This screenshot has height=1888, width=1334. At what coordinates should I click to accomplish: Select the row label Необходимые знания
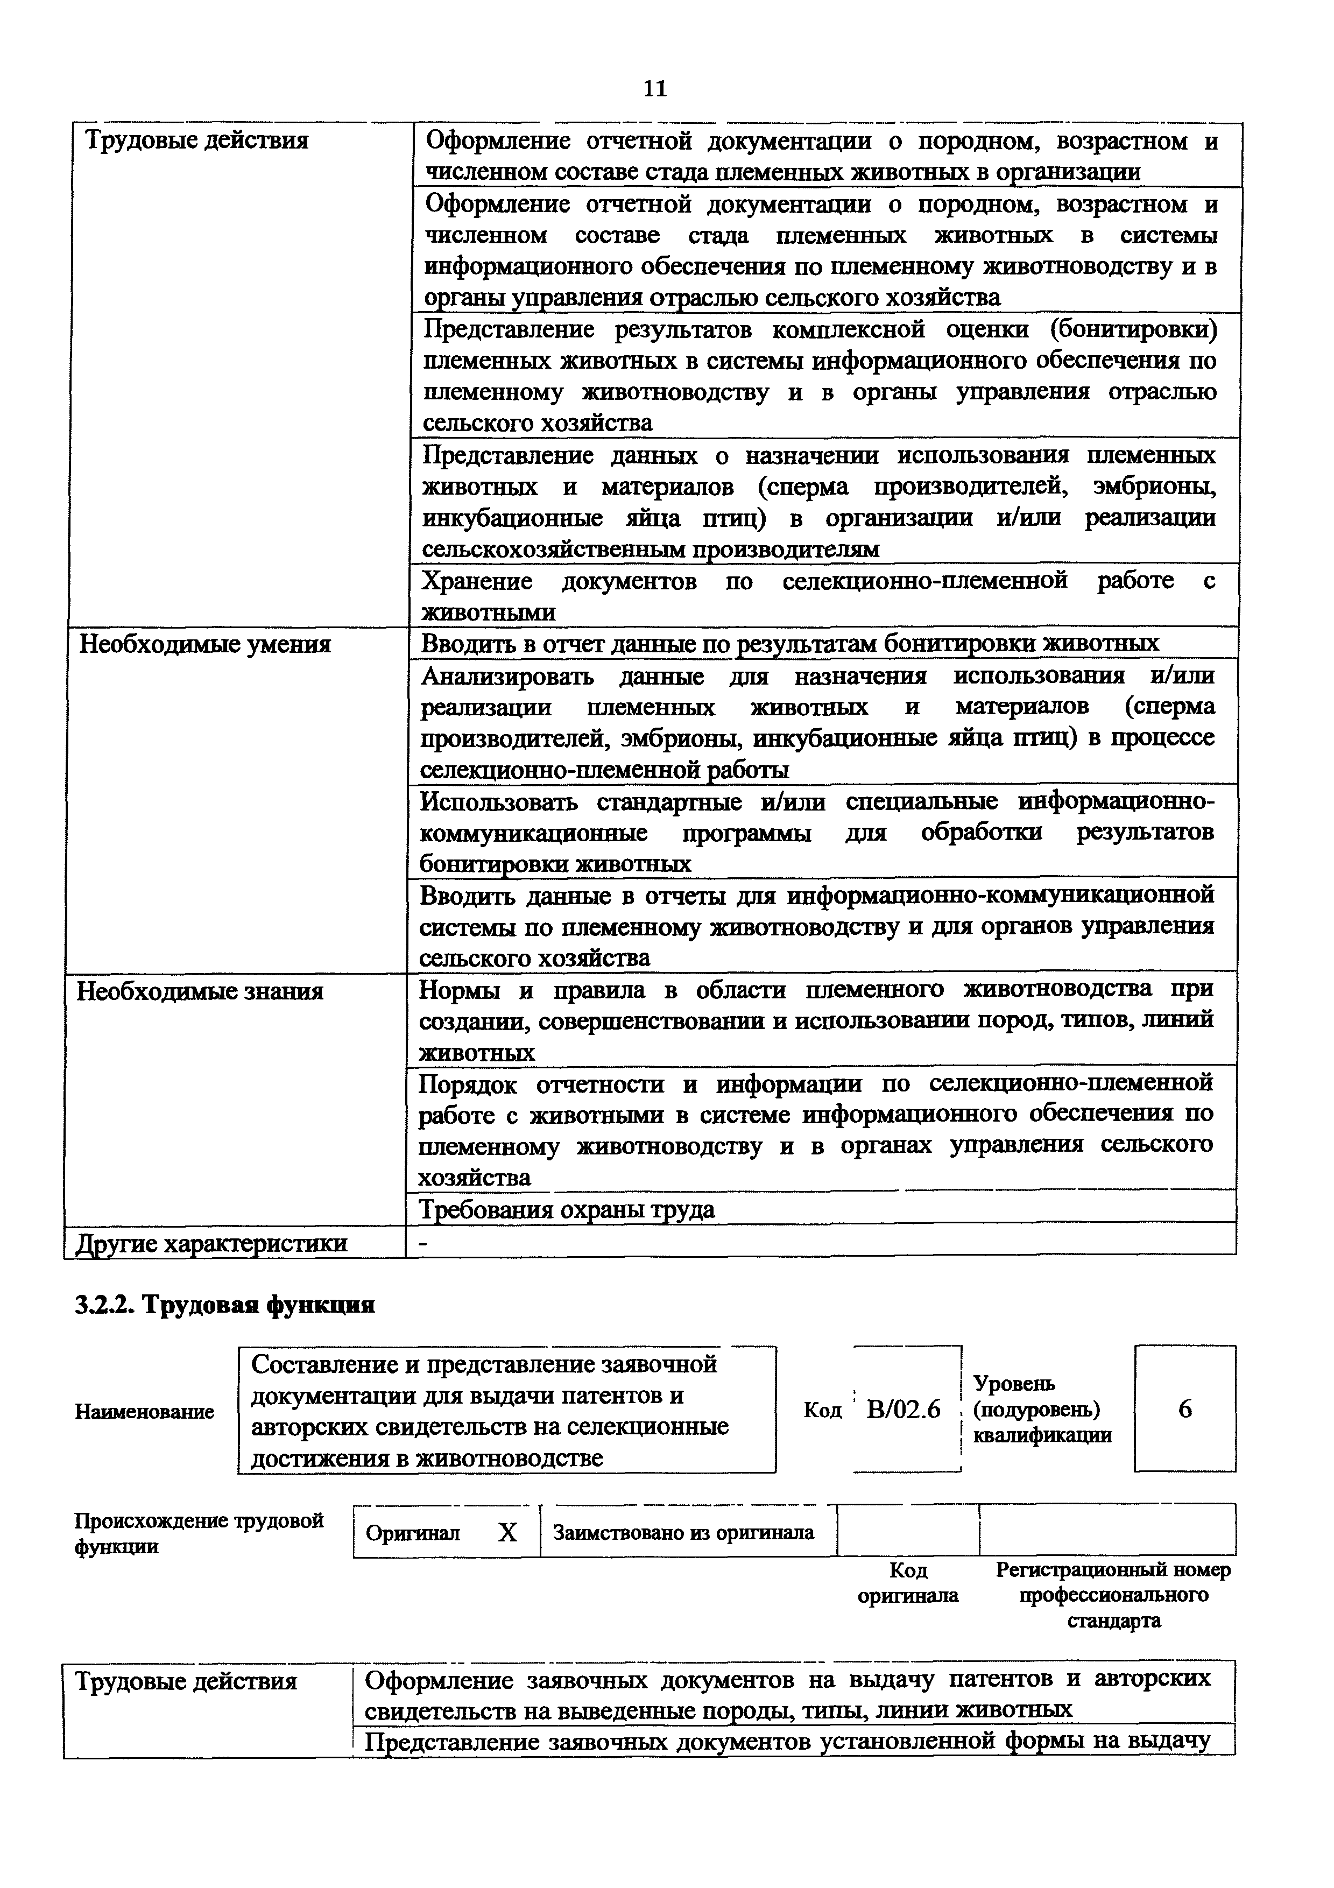pos(200,991)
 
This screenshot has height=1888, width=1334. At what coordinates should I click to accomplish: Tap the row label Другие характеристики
pos(211,1243)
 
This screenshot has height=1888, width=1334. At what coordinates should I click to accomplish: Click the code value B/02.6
pos(904,1410)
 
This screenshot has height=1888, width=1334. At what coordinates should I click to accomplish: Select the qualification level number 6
pos(1184,1410)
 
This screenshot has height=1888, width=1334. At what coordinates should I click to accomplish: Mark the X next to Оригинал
pos(508,1532)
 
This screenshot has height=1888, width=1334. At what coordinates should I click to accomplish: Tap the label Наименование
pos(145,1412)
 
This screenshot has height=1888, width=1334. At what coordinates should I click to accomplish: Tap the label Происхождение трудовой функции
pos(199,1533)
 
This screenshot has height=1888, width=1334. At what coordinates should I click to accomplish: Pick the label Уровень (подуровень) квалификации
pos(1041,1410)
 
